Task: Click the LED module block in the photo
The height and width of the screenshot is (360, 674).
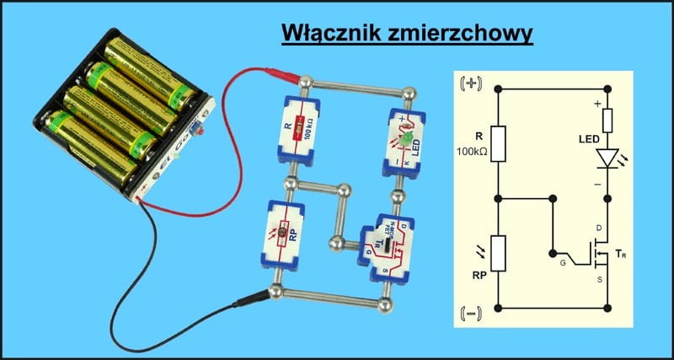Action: pyautogui.click(x=405, y=137)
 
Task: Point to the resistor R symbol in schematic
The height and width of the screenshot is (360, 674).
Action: pyautogui.click(x=499, y=143)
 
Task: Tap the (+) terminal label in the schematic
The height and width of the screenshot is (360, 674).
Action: pyautogui.click(x=468, y=85)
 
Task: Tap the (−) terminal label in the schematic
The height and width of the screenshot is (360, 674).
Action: pyautogui.click(x=468, y=316)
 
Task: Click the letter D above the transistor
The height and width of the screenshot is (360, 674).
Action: pyautogui.click(x=597, y=228)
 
